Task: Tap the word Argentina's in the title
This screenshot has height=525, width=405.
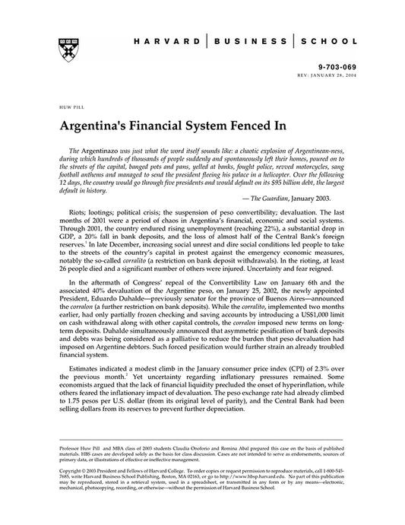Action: [100, 124]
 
